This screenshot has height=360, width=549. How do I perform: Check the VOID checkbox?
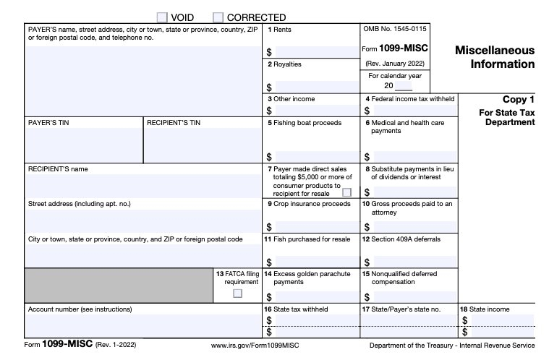pyautogui.click(x=162, y=17)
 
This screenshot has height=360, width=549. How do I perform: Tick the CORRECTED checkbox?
pyautogui.click(x=218, y=17)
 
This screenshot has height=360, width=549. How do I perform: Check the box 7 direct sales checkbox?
pyautogui.click(x=346, y=192)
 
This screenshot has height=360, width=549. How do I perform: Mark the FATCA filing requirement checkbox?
pyautogui.click(x=237, y=293)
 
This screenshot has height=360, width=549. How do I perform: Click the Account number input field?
pyautogui.click(x=143, y=325)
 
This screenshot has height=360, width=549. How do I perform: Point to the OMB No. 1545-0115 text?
pyautogui.click(x=394, y=30)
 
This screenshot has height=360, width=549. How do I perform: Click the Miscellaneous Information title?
pyautogui.click(x=495, y=57)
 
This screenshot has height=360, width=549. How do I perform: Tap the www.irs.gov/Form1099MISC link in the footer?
pyautogui.click(x=254, y=346)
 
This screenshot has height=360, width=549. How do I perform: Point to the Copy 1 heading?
pyautogui.click(x=519, y=99)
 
